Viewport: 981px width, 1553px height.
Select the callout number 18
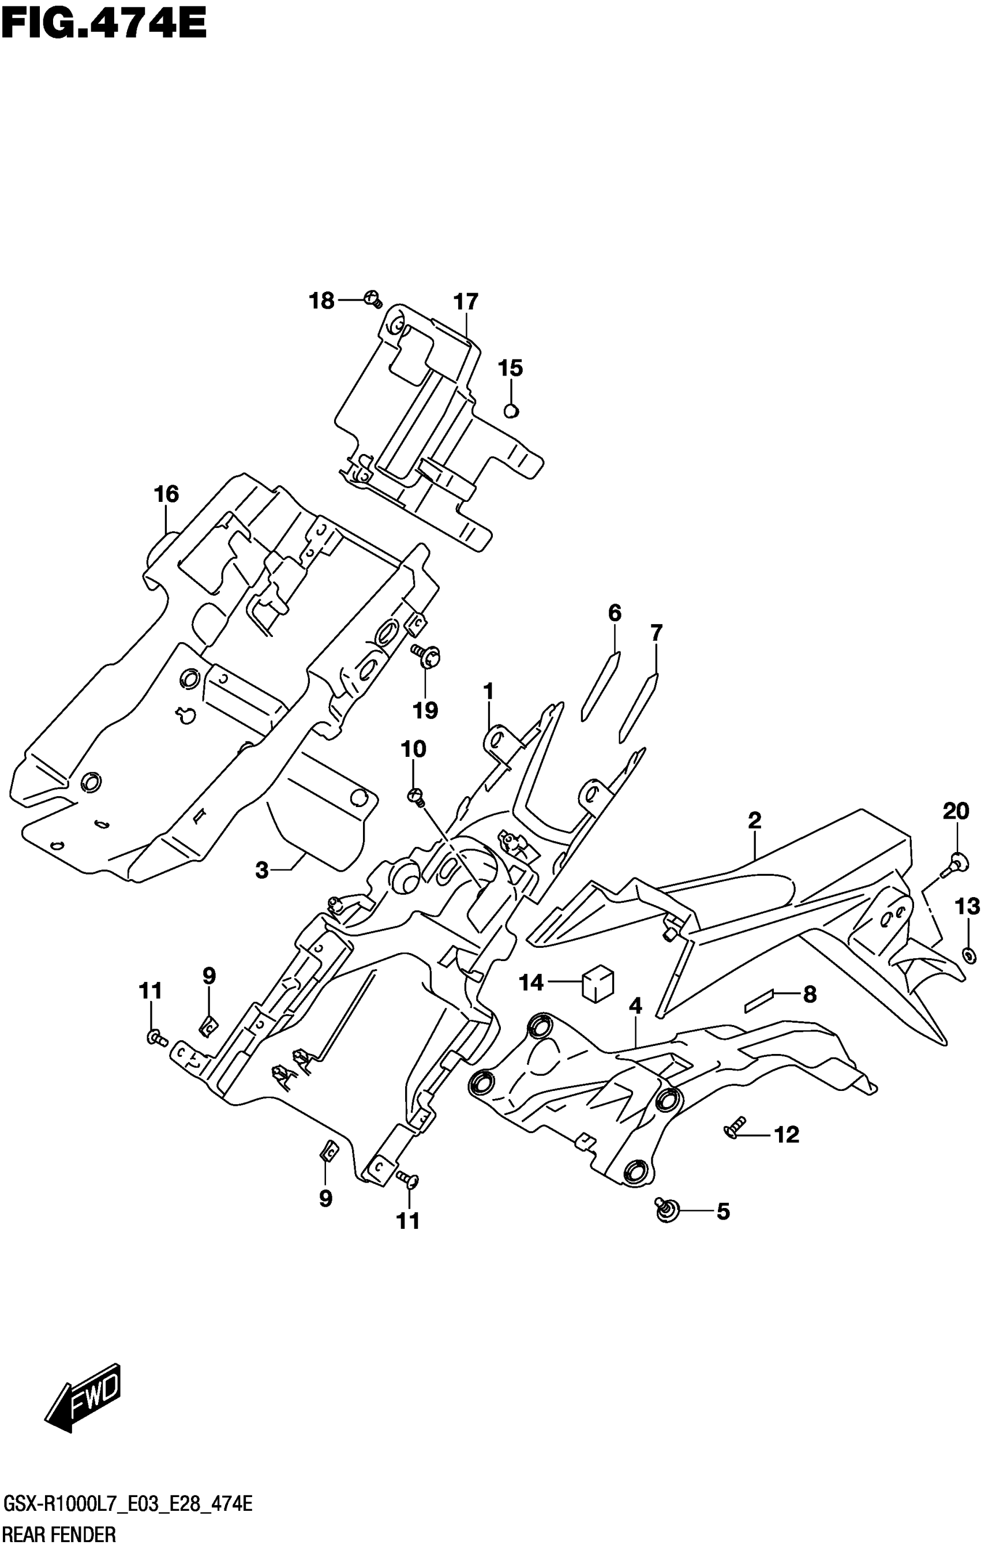(x=321, y=301)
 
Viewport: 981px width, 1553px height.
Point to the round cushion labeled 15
(x=511, y=410)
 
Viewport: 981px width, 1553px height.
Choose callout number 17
(x=466, y=302)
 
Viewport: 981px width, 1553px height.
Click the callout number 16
(x=166, y=494)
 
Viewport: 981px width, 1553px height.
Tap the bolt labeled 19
(x=427, y=657)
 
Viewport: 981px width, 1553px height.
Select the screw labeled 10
(x=415, y=797)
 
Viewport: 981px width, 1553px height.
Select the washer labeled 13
(x=968, y=955)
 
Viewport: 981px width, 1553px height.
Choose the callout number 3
(x=261, y=871)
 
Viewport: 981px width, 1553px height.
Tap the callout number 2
(x=754, y=820)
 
